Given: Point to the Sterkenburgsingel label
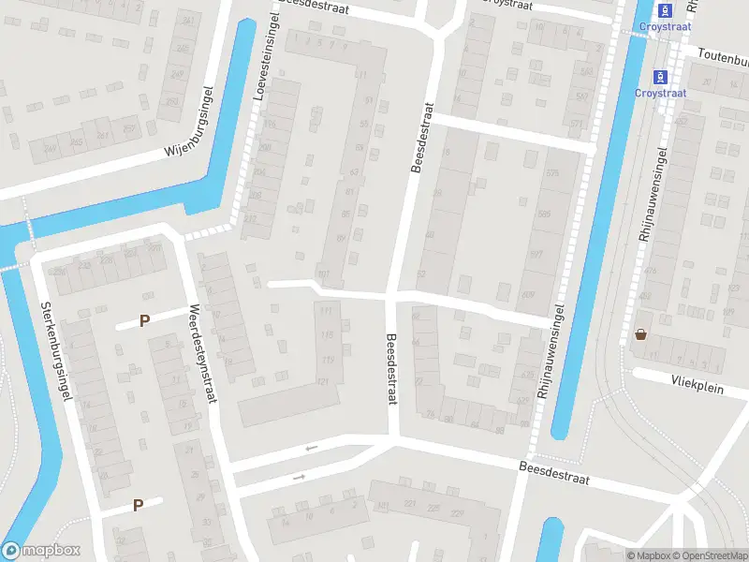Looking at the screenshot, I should [x=55, y=352].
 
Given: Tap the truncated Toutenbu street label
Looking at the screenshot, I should [x=722, y=55].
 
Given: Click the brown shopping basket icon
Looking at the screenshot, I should [x=641, y=333].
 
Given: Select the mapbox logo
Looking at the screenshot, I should [x=41, y=550].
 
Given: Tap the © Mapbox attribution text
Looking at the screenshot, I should [x=649, y=555].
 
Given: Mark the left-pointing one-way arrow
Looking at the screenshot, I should [x=311, y=448].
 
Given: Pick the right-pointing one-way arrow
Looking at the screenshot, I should [x=300, y=478].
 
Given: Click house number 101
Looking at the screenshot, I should [x=324, y=274].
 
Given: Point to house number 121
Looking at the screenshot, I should [x=324, y=381].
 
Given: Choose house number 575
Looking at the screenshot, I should [x=551, y=173].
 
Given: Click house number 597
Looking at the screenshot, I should [x=536, y=255].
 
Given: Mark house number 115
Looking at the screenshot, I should [x=327, y=334].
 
